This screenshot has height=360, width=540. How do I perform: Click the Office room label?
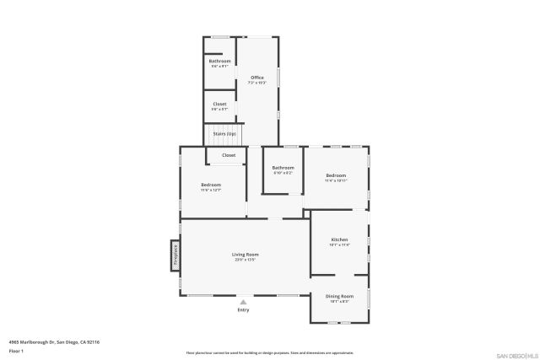pyautogui.click(x=256, y=78)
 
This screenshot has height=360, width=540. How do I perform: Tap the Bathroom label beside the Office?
pyautogui.click(x=219, y=61)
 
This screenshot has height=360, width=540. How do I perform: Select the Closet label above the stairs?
pyautogui.click(x=219, y=104)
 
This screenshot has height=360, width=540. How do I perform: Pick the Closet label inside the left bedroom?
pyautogui.click(x=229, y=155)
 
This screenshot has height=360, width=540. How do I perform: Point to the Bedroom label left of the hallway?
pyautogui.click(x=211, y=185)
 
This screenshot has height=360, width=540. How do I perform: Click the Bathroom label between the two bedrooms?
pyautogui.click(x=283, y=168)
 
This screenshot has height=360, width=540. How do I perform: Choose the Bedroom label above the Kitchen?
pyautogui.click(x=336, y=175)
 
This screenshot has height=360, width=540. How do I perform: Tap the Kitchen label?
pyautogui.click(x=338, y=240)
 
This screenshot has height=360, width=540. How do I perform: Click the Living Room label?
pyautogui.click(x=246, y=254)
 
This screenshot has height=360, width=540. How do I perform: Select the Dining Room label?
pyautogui.click(x=339, y=296)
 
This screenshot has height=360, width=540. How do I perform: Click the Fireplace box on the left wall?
pyautogui.click(x=175, y=255)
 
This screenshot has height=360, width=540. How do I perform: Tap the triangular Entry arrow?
pyautogui.click(x=244, y=301)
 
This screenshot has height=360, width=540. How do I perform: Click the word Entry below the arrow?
pyautogui.click(x=244, y=309)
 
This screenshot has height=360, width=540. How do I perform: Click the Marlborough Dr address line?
pyautogui.click(x=54, y=341)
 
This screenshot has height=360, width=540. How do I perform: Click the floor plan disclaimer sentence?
pyautogui.click(x=269, y=352)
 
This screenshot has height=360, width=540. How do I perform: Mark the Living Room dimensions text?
pyautogui.click(x=246, y=260)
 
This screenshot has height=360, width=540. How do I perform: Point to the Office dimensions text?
pyautogui.click(x=256, y=83)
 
